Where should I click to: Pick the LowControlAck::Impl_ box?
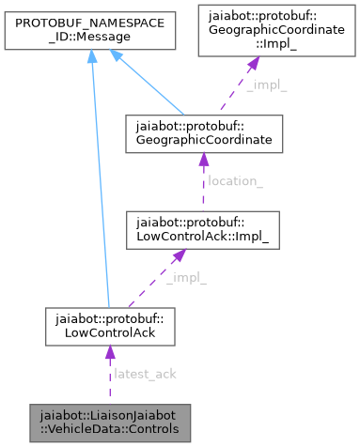click(202, 229)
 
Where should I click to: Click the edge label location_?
click(235, 181)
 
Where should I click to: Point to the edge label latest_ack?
click(144, 374)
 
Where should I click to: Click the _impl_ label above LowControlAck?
click(186, 278)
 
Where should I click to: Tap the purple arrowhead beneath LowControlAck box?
click(109, 353)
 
